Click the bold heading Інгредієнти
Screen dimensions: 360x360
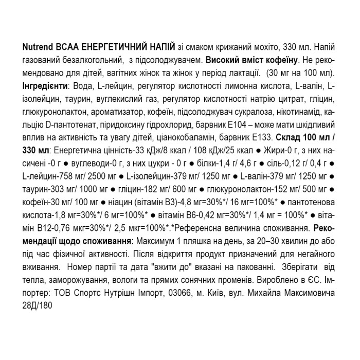click(x=45, y=84)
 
